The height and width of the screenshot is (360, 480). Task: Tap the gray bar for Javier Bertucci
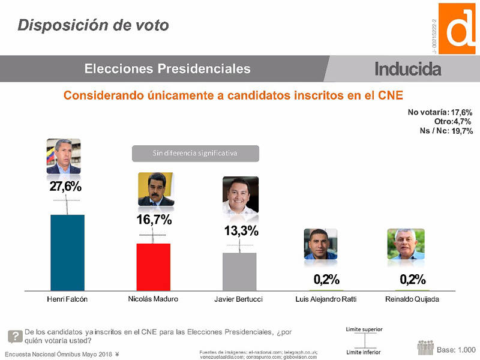pyautogui.click(x=239, y=271)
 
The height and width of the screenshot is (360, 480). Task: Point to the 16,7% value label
pyautogui.click(x=154, y=220)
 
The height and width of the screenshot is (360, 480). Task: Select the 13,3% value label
pyautogui.click(x=241, y=231)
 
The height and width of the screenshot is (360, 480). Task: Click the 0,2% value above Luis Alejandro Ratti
pyautogui.click(x=326, y=279)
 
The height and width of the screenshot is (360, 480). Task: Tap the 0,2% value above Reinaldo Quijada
pyautogui.click(x=412, y=279)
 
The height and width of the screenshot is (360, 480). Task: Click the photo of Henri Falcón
pyautogui.click(x=64, y=157)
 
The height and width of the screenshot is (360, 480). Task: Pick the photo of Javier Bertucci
pyautogui.click(x=240, y=196)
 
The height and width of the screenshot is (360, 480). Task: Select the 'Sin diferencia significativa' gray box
pyautogui.click(x=195, y=153)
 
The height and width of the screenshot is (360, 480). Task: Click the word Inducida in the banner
pyautogui.click(x=407, y=69)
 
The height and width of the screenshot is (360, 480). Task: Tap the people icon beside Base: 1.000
pyautogui.click(x=425, y=347)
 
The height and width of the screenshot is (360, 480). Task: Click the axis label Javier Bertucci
pyautogui.click(x=239, y=299)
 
